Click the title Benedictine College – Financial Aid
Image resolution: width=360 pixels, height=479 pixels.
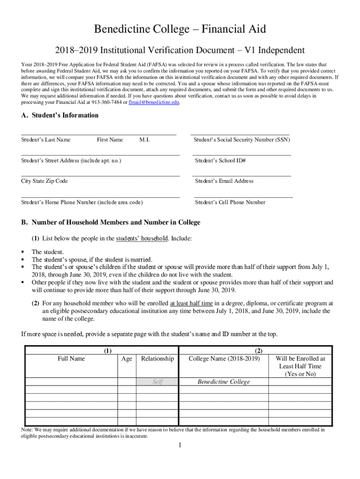180,29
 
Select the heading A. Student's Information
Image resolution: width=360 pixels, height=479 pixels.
59,116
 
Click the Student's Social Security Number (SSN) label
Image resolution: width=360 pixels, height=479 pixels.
241,140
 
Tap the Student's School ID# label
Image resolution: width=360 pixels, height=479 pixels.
220,161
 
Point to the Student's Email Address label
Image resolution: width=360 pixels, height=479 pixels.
224,181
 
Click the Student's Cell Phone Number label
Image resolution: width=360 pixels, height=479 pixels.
230,203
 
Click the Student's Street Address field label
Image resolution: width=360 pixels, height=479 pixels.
71,161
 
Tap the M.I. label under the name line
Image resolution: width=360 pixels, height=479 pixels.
144,140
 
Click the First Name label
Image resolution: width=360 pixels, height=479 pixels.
110,140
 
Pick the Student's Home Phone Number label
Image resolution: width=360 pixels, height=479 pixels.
82,203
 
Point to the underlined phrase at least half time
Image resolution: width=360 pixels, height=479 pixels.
191,304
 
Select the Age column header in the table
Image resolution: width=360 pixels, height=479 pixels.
126,359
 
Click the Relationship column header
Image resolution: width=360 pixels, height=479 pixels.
157,359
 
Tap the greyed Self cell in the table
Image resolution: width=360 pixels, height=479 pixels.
158,382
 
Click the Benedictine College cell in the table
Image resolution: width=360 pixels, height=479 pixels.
223,382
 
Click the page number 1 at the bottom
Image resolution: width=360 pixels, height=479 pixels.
180,445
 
